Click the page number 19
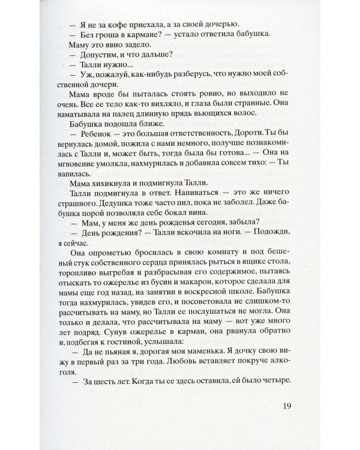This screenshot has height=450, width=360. [286, 406]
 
